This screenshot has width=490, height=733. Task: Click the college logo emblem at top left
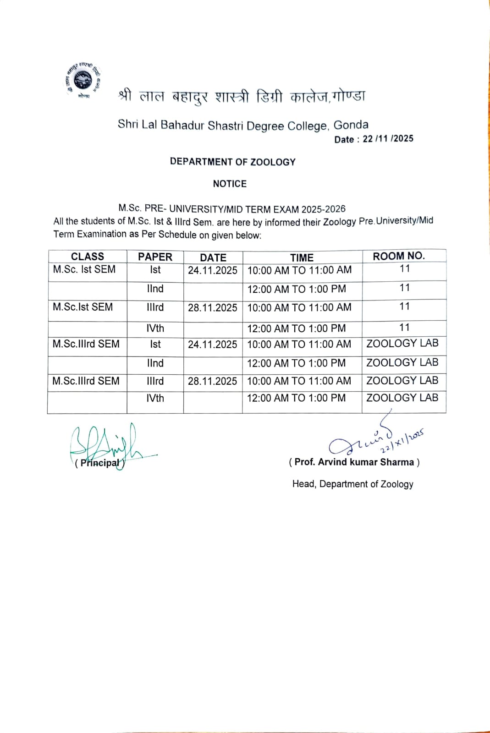(x=83, y=80)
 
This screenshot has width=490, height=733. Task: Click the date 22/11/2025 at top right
(x=388, y=139)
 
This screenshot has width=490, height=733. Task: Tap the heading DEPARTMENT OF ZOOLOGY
(x=232, y=162)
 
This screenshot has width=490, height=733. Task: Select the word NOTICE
(x=230, y=184)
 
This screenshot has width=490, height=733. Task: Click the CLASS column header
(x=87, y=257)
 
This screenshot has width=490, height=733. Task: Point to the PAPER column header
(x=155, y=257)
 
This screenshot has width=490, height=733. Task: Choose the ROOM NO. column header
(x=399, y=256)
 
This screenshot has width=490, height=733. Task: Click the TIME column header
(x=302, y=257)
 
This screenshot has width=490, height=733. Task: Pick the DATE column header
(x=213, y=257)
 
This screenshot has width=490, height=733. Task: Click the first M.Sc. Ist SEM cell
(x=84, y=269)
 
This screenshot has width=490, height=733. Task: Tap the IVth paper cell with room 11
(x=155, y=328)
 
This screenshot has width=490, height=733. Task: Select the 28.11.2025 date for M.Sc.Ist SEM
(x=213, y=307)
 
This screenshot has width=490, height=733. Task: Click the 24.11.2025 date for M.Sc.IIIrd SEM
(x=213, y=345)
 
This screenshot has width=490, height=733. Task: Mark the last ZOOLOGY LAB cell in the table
(x=402, y=398)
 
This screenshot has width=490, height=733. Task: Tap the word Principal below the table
(x=99, y=463)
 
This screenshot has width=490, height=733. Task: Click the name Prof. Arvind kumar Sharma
(x=354, y=462)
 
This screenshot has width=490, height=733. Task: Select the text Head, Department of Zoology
(x=352, y=484)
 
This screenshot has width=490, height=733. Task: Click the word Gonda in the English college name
(x=351, y=125)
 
